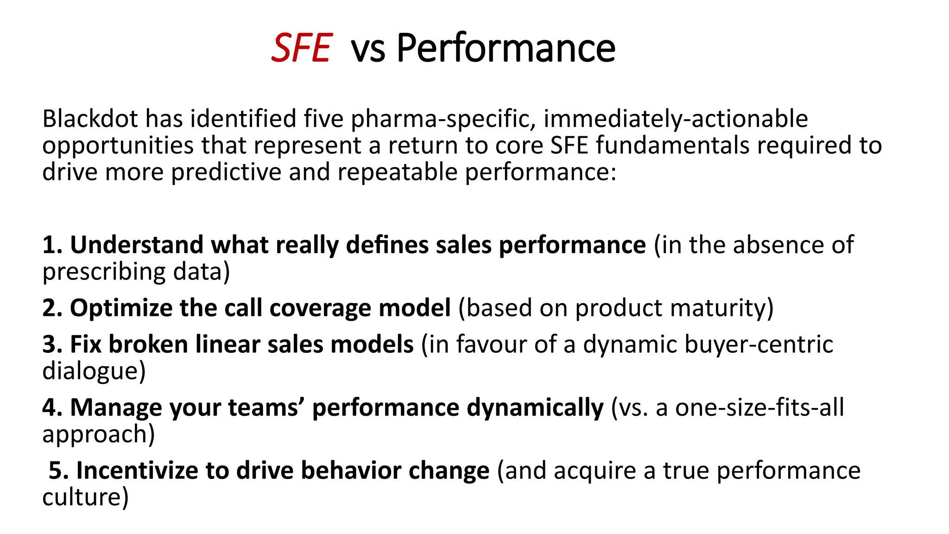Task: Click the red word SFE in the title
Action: [301, 48]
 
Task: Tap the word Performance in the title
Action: [506, 48]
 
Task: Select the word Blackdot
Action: [90, 119]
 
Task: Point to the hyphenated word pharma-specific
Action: [443, 119]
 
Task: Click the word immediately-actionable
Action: [676, 119]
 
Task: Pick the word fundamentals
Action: [672, 145]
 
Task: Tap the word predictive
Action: [226, 172]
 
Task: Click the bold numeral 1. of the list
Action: [53, 245]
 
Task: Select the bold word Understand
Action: [137, 245]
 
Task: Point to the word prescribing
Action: [104, 272]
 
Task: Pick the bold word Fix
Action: [86, 344]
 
